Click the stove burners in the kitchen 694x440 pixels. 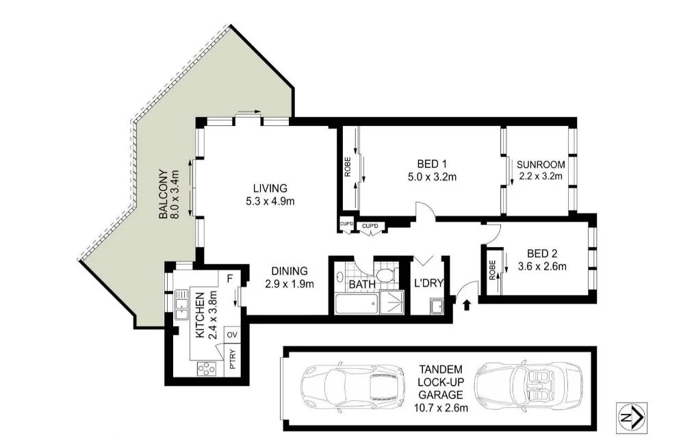click(x=206, y=368)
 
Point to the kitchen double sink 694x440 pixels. click(x=183, y=304)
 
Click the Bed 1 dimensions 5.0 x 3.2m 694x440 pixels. click(x=432, y=177)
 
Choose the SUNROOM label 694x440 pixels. click(x=541, y=164)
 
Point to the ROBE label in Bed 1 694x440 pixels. click(x=348, y=168)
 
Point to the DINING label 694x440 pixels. click(x=289, y=271)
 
